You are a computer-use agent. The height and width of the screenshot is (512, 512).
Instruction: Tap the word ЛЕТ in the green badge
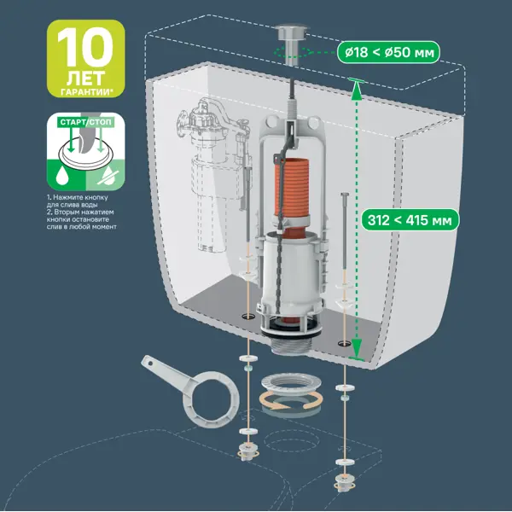(x=85, y=79)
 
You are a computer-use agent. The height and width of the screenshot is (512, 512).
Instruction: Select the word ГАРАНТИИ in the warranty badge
(x=85, y=92)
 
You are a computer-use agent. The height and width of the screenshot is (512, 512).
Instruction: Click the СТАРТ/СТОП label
(x=85, y=122)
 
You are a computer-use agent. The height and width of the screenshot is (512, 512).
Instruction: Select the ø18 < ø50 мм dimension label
(x=388, y=52)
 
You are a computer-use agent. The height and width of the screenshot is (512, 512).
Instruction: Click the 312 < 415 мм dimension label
(x=410, y=220)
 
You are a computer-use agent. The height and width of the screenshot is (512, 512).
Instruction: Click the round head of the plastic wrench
(x=211, y=399)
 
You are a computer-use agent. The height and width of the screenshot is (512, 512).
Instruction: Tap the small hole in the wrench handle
(x=150, y=362)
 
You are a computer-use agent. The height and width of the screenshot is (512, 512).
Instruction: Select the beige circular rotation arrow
(x=291, y=401)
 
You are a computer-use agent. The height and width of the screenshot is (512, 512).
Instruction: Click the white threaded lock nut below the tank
(x=291, y=384)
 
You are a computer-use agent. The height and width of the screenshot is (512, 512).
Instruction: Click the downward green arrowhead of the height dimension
(x=357, y=348)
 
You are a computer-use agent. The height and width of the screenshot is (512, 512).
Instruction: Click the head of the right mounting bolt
(x=346, y=195)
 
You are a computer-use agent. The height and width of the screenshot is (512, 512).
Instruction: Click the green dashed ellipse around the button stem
(x=292, y=51)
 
